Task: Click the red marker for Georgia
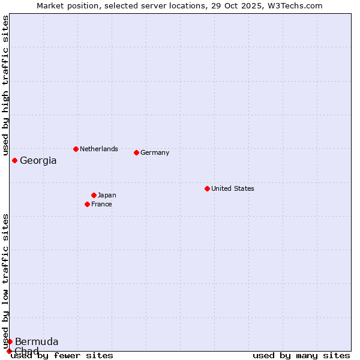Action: pos(14,160)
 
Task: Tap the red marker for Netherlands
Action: pos(76,149)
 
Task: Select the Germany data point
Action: pos(136,152)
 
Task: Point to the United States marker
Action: pos(207,188)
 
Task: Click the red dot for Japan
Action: pos(94,195)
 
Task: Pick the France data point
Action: pos(87,204)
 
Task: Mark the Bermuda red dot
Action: pos(10,341)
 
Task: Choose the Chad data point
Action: pos(9,351)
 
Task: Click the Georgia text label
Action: pos(38,161)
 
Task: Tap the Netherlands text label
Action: pos(99,149)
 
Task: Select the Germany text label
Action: pos(155,152)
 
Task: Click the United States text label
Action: pos(233,188)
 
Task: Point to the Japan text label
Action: pos(107,195)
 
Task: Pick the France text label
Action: pos(101,204)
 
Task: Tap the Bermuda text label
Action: pos(37,342)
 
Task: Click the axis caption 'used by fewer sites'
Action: pos(62,355)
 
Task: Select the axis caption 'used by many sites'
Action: pos(301,355)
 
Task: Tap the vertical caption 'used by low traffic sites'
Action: pos(5,281)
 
